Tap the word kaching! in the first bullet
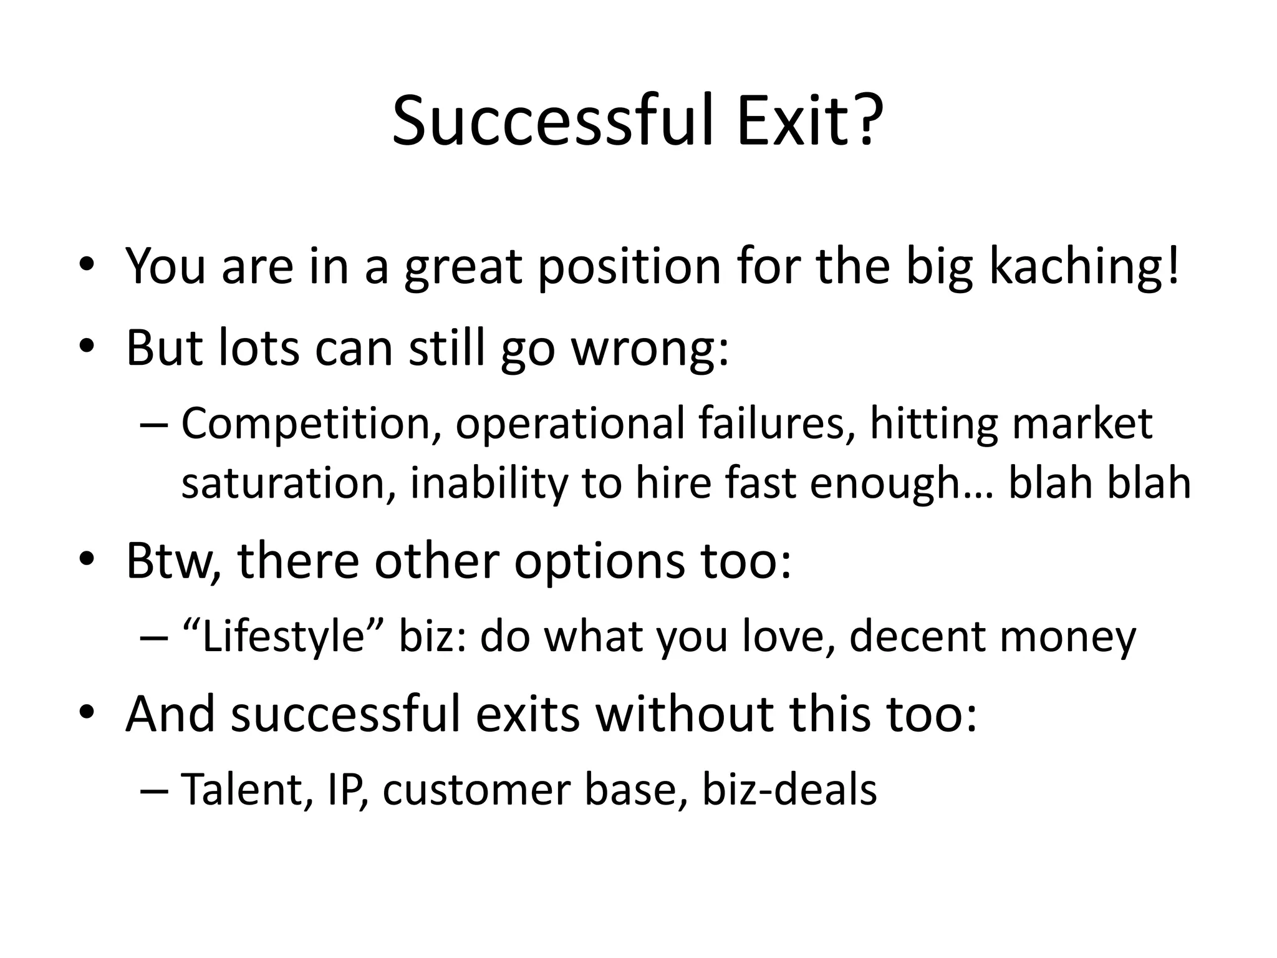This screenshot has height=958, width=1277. (1084, 267)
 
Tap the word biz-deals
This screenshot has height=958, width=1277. (789, 790)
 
